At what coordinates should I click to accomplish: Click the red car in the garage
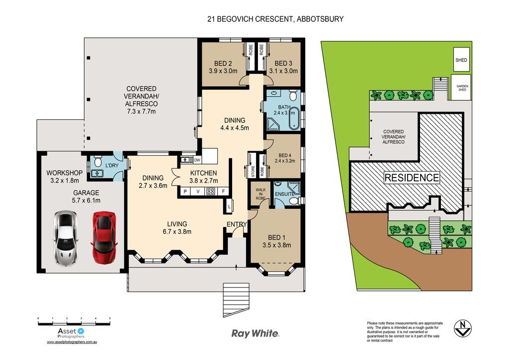(104, 238)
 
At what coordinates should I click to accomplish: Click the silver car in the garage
(66, 238)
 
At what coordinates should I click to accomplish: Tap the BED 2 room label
(223, 64)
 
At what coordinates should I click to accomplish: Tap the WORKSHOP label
(64, 173)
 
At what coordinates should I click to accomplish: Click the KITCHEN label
(203, 173)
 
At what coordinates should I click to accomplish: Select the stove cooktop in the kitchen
(211, 191)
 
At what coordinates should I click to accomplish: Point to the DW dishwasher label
(197, 160)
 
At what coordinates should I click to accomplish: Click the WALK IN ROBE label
(260, 194)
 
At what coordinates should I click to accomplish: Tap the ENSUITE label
(285, 194)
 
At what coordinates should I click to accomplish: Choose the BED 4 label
(285, 155)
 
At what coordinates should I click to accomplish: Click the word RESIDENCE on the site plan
(412, 178)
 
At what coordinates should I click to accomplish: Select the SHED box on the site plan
(461, 60)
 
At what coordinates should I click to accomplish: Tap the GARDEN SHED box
(462, 88)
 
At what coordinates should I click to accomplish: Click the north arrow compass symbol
(462, 328)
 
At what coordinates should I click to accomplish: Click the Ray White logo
(255, 333)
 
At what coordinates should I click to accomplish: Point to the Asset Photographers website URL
(72, 342)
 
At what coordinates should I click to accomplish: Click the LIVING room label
(177, 224)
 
